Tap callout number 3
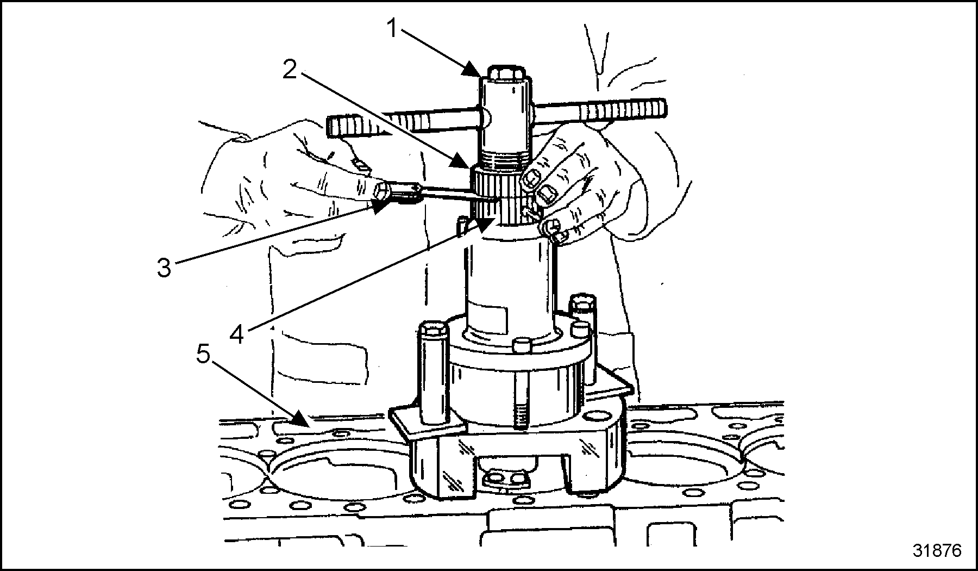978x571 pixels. pos(164,268)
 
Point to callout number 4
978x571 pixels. pos(237,333)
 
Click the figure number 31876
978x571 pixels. pos(937,550)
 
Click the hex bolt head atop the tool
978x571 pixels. pos(504,73)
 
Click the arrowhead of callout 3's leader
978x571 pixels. pos(381,204)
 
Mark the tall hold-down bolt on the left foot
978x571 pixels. pos(432,370)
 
